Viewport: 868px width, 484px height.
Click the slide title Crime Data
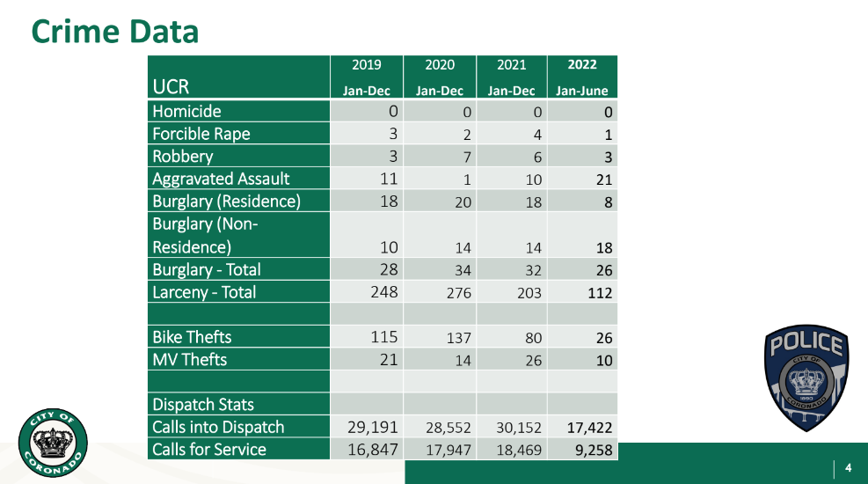115,32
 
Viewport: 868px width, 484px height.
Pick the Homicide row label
186,112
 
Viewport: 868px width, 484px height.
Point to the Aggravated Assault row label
221,179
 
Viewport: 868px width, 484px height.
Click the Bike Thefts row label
192,337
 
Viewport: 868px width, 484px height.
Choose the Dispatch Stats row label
203,405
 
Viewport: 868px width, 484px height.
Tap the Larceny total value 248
383,291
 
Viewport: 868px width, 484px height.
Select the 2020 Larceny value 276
459,293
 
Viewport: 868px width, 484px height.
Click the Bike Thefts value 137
459,338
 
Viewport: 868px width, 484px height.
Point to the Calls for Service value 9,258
591,450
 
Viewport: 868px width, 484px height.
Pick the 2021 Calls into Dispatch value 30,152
517,428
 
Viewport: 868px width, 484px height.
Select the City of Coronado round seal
53,445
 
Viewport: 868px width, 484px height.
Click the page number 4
849,467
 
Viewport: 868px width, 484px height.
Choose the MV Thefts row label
189,360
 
